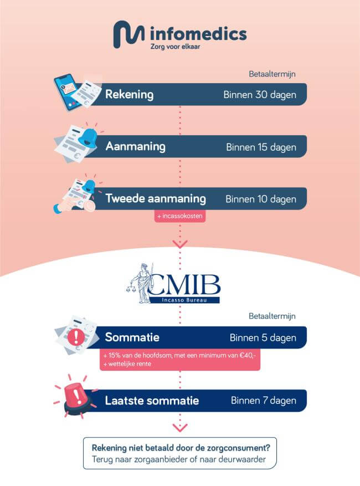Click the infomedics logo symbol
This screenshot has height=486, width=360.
coord(129,35)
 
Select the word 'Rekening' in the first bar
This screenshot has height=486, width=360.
coord(130,95)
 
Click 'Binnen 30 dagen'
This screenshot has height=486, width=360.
coord(260,95)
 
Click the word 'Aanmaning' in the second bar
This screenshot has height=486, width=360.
coord(136,147)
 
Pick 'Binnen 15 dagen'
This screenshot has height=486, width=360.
coord(261,147)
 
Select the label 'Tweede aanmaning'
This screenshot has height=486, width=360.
coord(156,198)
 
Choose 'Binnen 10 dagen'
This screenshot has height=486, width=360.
coord(260,199)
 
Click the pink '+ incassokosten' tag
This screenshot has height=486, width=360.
coord(180,216)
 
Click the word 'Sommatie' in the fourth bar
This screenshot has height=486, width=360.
coord(132,337)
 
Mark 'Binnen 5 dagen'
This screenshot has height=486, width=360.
coord(263,337)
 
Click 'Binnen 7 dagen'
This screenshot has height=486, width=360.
coord(263,400)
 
